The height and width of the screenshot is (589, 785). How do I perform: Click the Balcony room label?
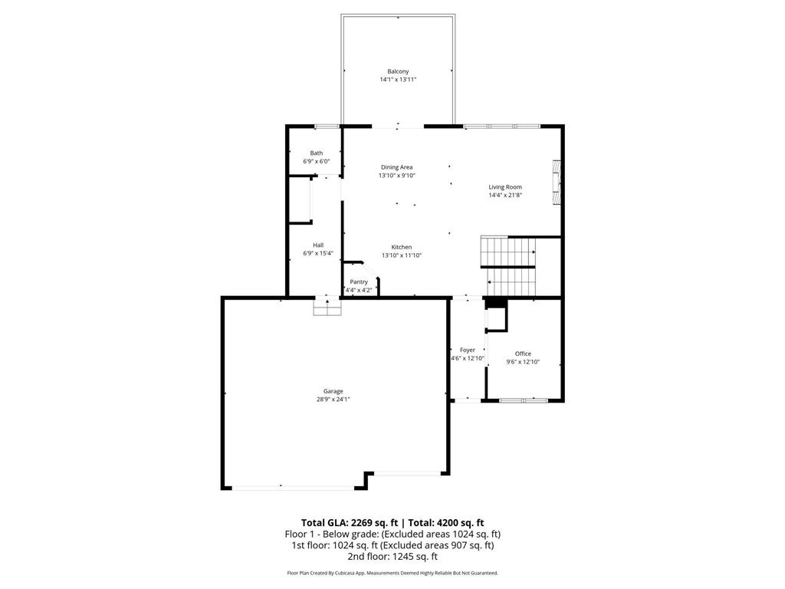pos(398,71)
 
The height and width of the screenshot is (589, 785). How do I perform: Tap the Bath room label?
pos(316,153)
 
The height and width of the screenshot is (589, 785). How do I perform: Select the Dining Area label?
pos(396,167)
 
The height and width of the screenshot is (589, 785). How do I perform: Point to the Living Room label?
pos(505,186)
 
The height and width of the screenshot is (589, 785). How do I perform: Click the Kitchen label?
pos(402,247)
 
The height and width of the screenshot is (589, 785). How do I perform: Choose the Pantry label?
pos(359,281)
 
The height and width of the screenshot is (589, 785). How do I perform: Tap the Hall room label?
pos(317,245)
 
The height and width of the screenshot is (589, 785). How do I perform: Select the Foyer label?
pos(467,350)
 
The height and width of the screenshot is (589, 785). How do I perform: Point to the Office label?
pos(523,354)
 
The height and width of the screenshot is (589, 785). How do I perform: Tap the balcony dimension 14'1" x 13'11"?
pos(398,80)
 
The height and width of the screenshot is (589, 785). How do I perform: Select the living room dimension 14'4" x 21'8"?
pos(505,195)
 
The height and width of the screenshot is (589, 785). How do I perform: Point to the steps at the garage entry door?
pos(327,307)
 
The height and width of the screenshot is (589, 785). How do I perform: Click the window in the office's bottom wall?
pos(523,400)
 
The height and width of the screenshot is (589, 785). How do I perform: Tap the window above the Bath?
pos(327,126)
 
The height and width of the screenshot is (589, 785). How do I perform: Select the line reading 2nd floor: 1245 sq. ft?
pos(392,557)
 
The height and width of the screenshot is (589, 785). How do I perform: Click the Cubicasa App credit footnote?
pos(392,573)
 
